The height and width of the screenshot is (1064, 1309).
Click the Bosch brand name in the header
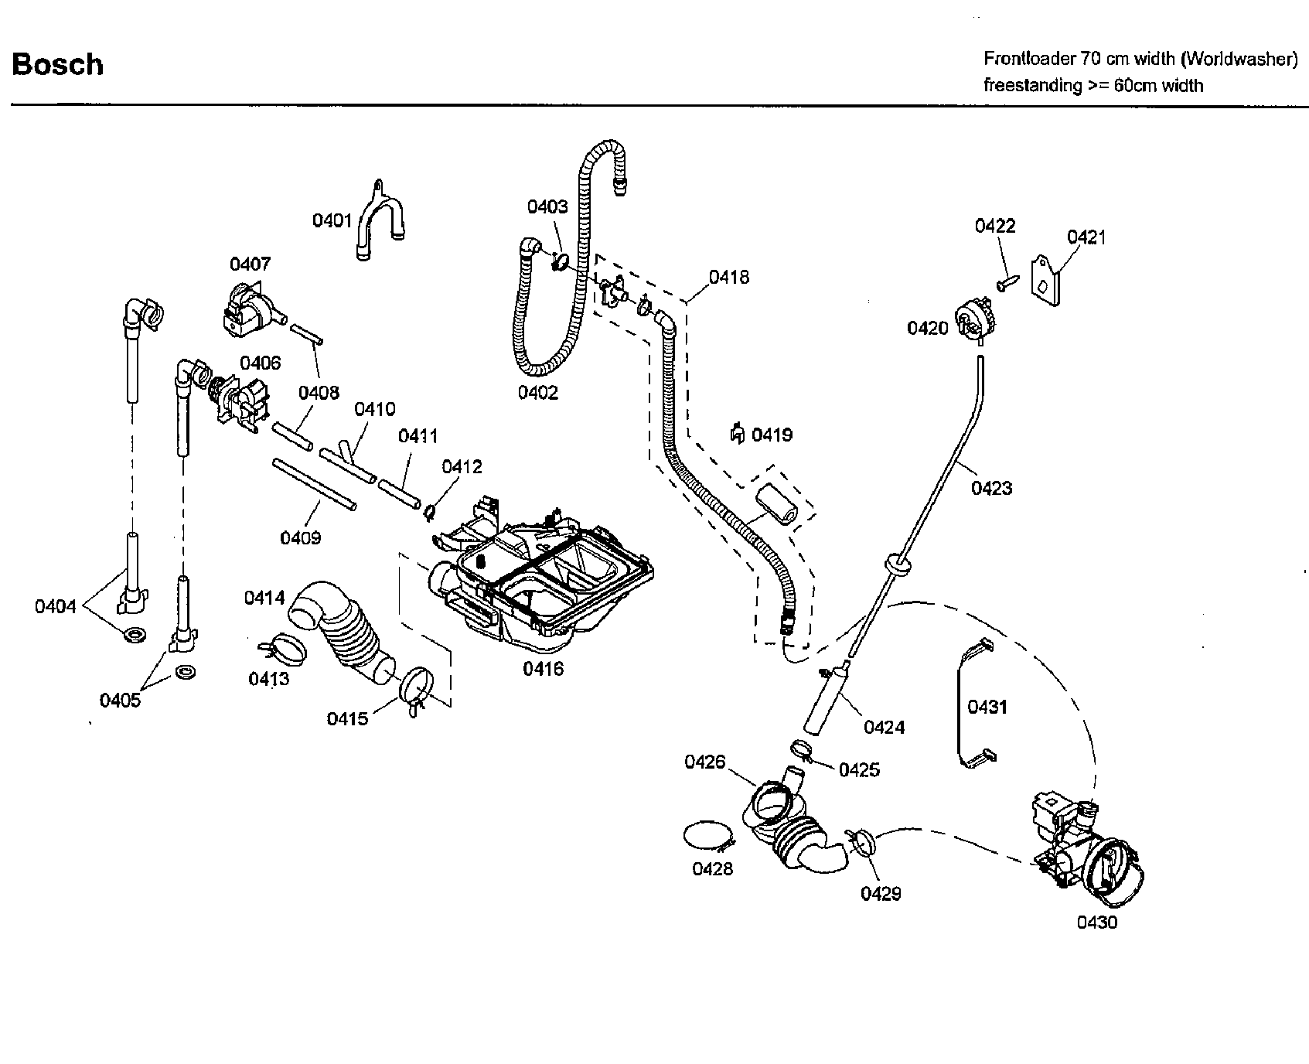pos(57,64)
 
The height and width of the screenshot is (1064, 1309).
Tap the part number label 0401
pos(332,221)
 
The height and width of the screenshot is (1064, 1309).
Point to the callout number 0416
pos(543,670)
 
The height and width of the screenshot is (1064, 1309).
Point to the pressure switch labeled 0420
pos(974,319)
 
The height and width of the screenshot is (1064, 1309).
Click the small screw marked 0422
pos(1006,284)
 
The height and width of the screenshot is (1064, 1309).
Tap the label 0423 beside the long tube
pos(991,488)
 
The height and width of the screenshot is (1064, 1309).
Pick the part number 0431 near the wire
pos(987,707)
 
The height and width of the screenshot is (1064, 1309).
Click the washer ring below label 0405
pos(185,670)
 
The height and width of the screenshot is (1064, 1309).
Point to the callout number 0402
pos(537,393)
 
